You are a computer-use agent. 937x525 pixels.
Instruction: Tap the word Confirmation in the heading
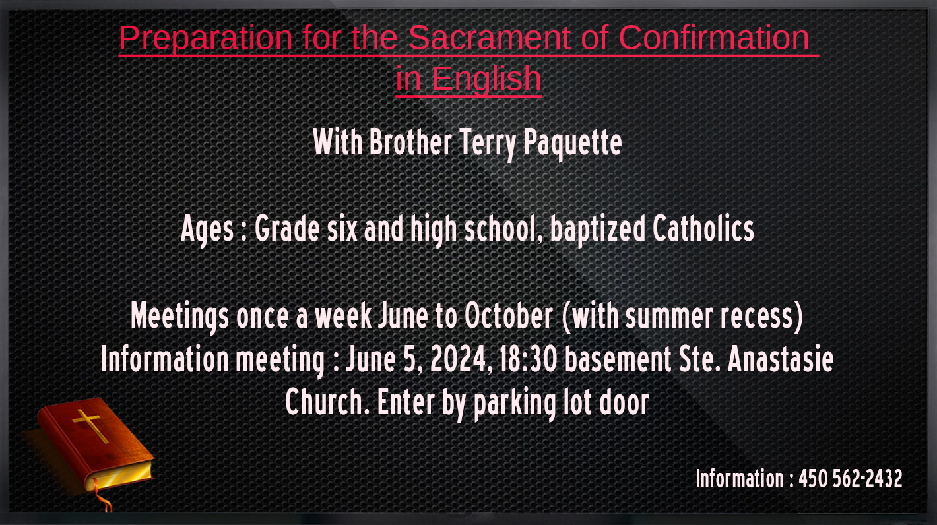(713, 38)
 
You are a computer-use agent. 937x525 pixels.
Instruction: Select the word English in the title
(486, 79)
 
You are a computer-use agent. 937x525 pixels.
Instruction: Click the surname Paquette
(573, 143)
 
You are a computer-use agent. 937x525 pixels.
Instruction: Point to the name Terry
(488, 143)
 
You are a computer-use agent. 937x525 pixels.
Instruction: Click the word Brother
(410, 143)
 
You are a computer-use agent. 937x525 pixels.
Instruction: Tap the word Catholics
(703, 229)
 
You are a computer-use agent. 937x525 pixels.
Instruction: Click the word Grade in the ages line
(288, 229)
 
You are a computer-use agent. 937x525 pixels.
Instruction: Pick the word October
(509, 315)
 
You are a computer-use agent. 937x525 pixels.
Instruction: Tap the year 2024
(459, 359)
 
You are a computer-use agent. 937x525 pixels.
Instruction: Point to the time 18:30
(529, 359)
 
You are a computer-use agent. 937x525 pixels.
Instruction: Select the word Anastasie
(781, 359)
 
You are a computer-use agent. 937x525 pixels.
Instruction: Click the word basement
(618, 359)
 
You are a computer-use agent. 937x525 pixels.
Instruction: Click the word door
(624, 402)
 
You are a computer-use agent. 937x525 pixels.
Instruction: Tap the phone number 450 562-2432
(851, 479)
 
